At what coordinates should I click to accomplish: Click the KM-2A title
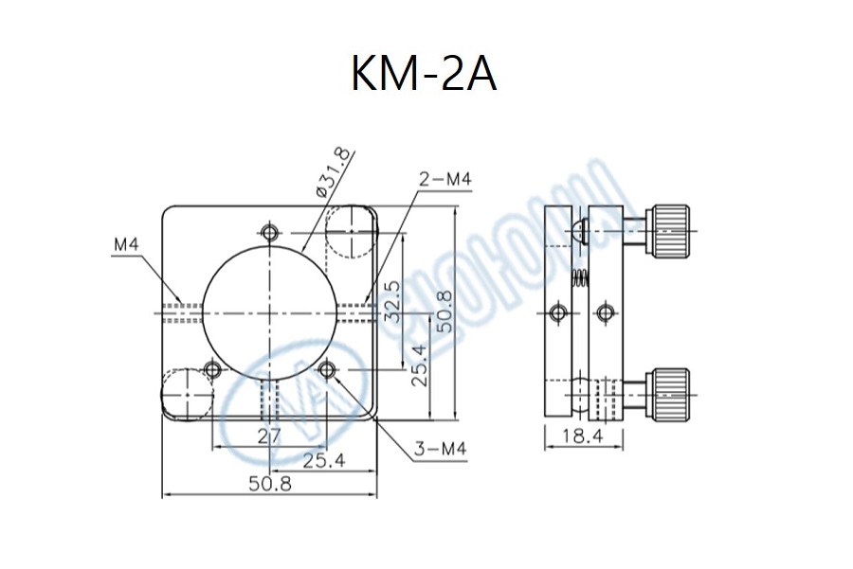click(424, 74)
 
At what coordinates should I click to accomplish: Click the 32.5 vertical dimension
click(416, 299)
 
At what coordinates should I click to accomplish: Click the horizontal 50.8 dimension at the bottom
click(269, 483)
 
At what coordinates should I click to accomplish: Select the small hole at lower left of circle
click(213, 368)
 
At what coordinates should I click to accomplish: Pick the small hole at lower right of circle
click(330, 368)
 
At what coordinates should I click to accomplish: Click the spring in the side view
click(577, 278)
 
